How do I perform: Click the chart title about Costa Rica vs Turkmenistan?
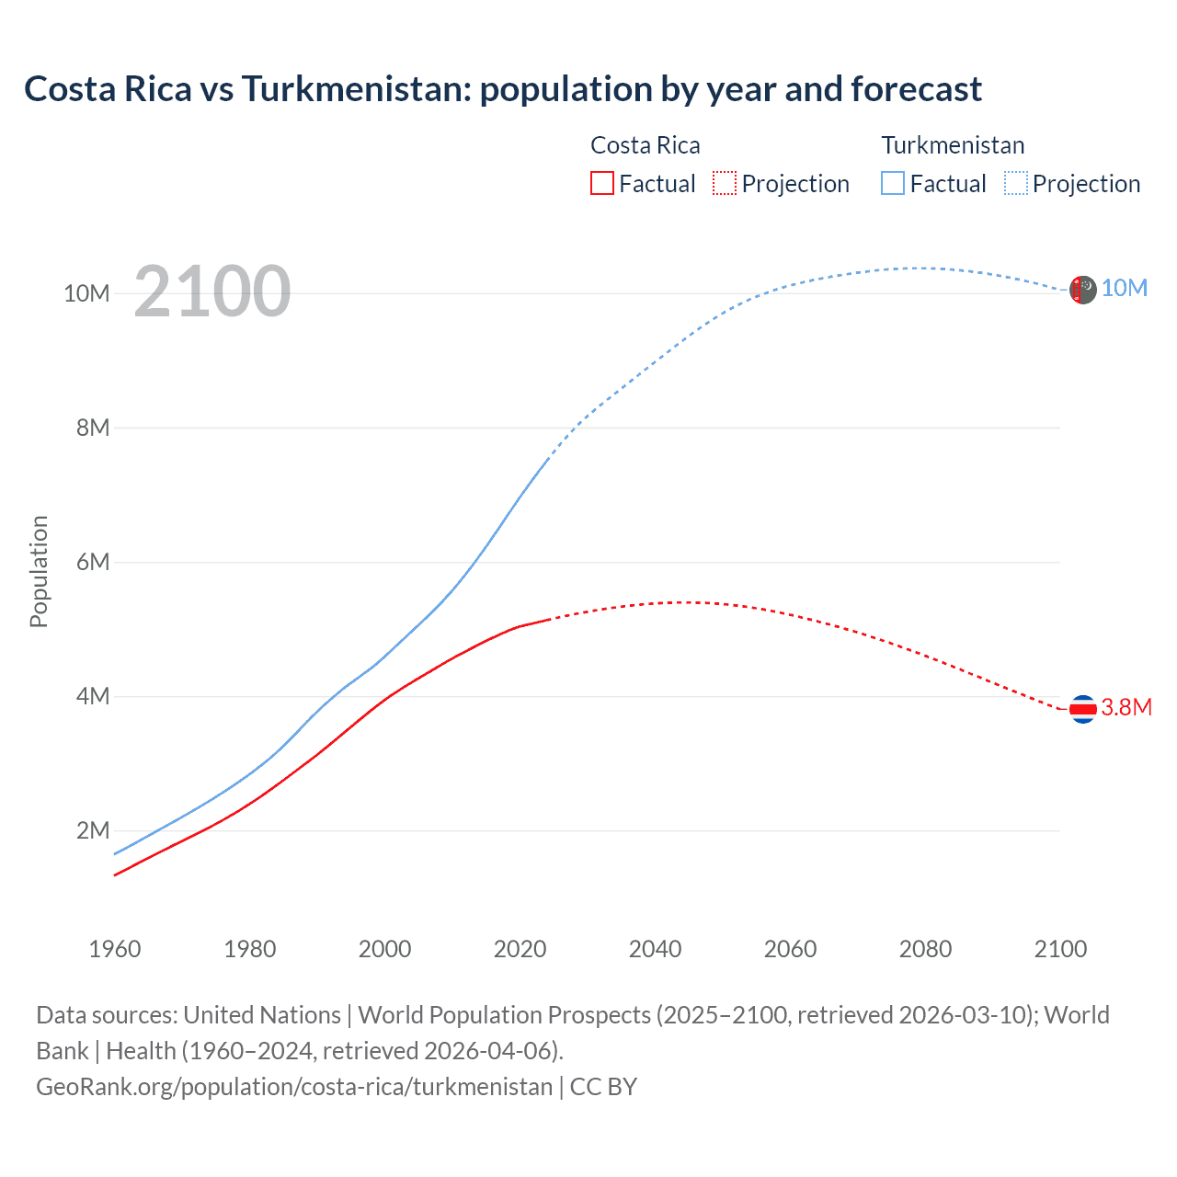tap(503, 89)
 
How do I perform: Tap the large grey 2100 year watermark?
tap(212, 291)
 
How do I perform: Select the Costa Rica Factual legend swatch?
tap(601, 183)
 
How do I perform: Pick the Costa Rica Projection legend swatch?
tap(725, 183)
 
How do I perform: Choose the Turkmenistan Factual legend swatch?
tap(893, 183)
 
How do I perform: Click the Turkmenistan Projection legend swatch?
tap(1015, 183)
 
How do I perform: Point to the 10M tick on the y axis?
tap(86, 293)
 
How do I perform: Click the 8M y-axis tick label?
tap(93, 428)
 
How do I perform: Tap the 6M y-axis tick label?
tap(93, 562)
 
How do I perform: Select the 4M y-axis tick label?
tap(93, 696)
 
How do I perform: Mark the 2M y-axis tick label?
tap(93, 830)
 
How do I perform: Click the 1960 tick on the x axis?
tap(115, 949)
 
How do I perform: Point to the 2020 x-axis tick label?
tap(520, 949)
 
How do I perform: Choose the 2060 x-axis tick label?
tap(791, 949)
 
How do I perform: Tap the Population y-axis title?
tap(39, 571)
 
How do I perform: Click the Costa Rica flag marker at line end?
tap(1083, 709)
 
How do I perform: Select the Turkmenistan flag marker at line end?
tap(1083, 290)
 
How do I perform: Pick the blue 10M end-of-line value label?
tap(1125, 288)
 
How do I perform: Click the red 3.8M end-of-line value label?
tap(1126, 707)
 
